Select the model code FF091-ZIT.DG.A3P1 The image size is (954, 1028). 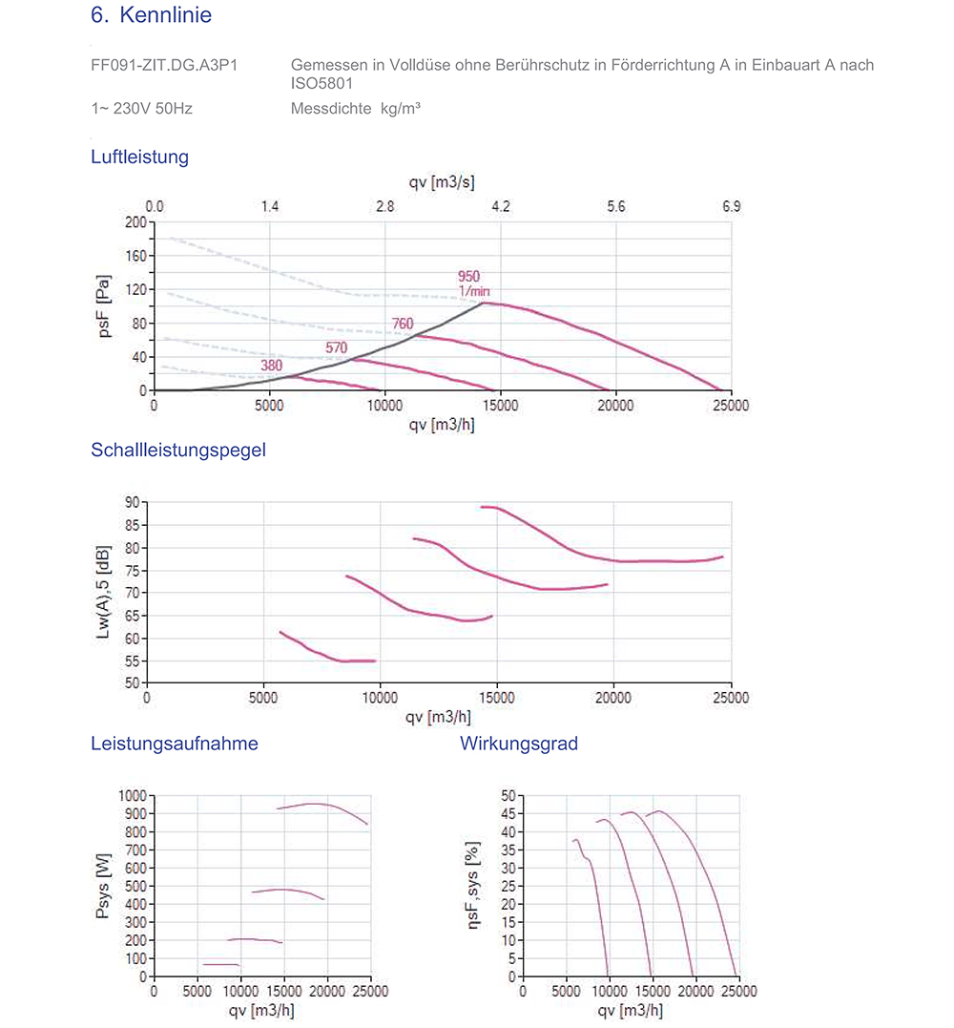click(x=164, y=65)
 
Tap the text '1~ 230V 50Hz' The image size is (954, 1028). click(x=141, y=109)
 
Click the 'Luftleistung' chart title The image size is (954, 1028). click(x=139, y=157)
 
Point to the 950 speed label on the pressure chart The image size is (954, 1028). click(x=468, y=277)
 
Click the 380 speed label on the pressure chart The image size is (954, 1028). click(x=272, y=366)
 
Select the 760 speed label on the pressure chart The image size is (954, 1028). click(x=403, y=325)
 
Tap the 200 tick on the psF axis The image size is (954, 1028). click(x=136, y=222)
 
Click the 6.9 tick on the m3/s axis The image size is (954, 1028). click(x=731, y=206)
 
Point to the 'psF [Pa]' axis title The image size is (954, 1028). click(x=104, y=306)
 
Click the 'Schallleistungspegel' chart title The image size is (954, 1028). click(x=178, y=451)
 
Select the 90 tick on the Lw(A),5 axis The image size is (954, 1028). click(x=133, y=502)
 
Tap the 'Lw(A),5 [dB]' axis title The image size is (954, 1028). click(x=104, y=592)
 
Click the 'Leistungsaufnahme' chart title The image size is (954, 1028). click(x=174, y=744)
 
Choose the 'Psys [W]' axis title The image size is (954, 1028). click(x=103, y=886)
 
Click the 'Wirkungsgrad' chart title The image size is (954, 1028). click(x=519, y=744)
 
